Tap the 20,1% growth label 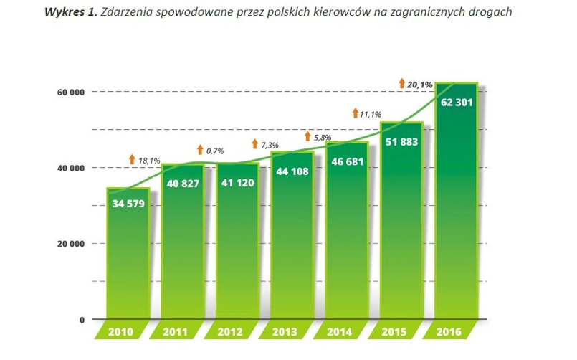point(420,85)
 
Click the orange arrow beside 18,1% point(132,159)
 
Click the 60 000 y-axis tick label point(70,92)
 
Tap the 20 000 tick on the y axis point(70,244)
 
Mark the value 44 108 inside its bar point(292,172)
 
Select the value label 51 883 point(402,141)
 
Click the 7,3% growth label point(270,145)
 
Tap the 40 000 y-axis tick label point(70,168)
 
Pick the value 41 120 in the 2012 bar point(237,182)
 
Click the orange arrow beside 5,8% point(307,136)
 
